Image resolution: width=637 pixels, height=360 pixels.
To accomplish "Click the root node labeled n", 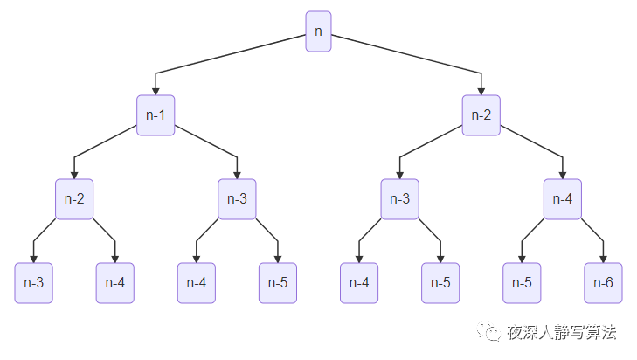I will tap(318, 31).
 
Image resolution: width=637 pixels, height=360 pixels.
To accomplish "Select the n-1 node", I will tap(156, 115).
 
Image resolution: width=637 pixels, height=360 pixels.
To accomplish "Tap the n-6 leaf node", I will tap(603, 282).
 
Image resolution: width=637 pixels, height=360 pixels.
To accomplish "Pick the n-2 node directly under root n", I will tap(481, 115).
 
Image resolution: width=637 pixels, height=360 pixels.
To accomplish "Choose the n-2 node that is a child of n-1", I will tap(74, 199).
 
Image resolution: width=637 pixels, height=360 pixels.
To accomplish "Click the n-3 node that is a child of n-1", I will tap(237, 199).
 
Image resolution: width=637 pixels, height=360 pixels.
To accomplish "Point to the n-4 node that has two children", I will tap(563, 199).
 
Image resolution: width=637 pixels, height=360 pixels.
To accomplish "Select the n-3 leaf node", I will tap(34, 282).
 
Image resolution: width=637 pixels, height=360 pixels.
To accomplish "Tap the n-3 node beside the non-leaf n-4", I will tap(399, 199).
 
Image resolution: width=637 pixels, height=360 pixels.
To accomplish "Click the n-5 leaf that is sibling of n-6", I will tap(522, 282).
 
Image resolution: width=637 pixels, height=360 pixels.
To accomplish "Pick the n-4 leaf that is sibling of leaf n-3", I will tap(115, 282).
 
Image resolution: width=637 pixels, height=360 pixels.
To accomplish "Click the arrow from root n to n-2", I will tap(406, 54).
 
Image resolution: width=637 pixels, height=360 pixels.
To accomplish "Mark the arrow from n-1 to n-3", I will tap(210, 142).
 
